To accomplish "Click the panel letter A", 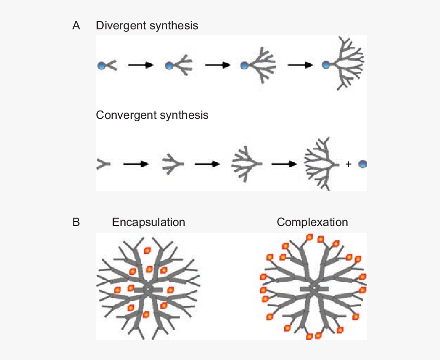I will [x=76, y=25].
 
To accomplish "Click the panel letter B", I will [x=76, y=222].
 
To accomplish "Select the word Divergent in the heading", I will [x=119, y=25].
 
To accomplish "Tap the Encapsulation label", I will [x=149, y=222].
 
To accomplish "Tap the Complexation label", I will [x=312, y=222].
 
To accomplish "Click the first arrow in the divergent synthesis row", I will [x=141, y=65].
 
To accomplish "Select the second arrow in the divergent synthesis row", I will [x=218, y=65].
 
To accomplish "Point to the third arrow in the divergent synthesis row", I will [x=301, y=65].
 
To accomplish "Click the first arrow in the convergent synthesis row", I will [x=136, y=164].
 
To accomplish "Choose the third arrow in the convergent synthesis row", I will [x=284, y=164].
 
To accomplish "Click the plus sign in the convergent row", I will [x=349, y=165].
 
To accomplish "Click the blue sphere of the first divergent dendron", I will [x=101, y=66].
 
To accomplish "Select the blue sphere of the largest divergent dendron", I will [x=326, y=65].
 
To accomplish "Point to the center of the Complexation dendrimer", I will [x=313, y=289].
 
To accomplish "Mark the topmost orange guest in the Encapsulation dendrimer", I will [x=147, y=250].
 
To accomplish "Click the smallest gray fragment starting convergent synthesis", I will [x=103, y=164].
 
